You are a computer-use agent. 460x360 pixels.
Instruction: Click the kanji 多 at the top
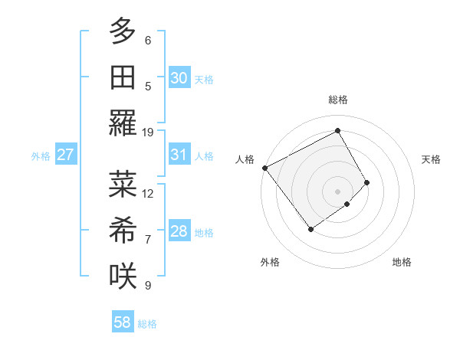[x=123, y=31]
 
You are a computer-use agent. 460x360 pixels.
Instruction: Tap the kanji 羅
[x=123, y=122]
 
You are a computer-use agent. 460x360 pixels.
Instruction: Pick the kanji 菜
[x=123, y=184]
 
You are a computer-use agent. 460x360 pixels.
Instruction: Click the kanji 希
[x=123, y=229]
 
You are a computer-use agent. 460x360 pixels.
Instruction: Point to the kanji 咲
[x=123, y=275]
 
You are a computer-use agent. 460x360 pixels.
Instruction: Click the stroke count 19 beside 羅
[x=148, y=132]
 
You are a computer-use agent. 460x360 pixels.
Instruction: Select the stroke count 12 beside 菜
[x=148, y=193]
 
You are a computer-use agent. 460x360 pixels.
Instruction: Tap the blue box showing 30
[x=179, y=77]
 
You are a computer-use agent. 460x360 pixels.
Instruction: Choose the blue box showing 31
[x=179, y=155]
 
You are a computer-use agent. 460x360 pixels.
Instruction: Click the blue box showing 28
[x=179, y=231]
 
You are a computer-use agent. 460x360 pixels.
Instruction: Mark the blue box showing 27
[x=66, y=155]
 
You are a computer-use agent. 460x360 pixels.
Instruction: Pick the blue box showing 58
[x=123, y=322]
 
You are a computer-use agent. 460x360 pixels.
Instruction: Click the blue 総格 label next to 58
[x=147, y=324]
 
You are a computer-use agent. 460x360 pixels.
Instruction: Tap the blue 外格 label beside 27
[x=41, y=156]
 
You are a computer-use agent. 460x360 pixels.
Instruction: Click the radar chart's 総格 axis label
[x=338, y=100]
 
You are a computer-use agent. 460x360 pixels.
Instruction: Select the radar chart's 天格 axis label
[x=432, y=159]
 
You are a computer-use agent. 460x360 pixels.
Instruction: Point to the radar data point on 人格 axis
[x=264, y=168]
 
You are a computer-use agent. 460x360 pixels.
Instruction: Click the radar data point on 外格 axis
[x=310, y=229]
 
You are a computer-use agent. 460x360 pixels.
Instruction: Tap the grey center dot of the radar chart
[x=338, y=191]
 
